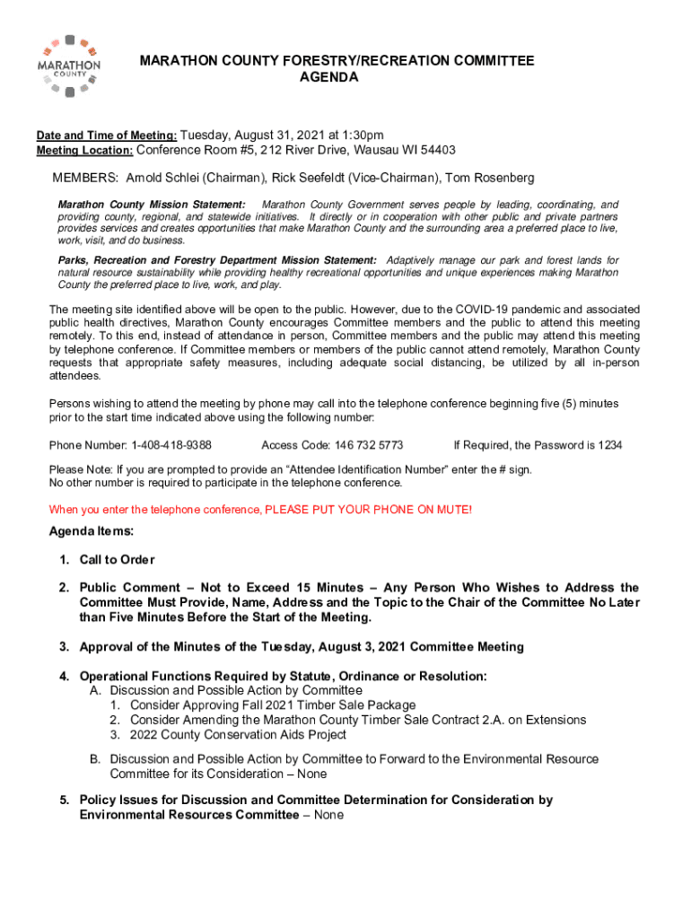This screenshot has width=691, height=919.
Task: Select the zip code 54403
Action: (435, 150)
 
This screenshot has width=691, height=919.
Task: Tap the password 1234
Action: (610, 445)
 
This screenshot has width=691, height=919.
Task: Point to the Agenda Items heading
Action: (91, 531)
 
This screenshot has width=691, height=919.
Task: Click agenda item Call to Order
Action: (117, 560)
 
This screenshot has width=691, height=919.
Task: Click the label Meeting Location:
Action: (84, 150)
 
